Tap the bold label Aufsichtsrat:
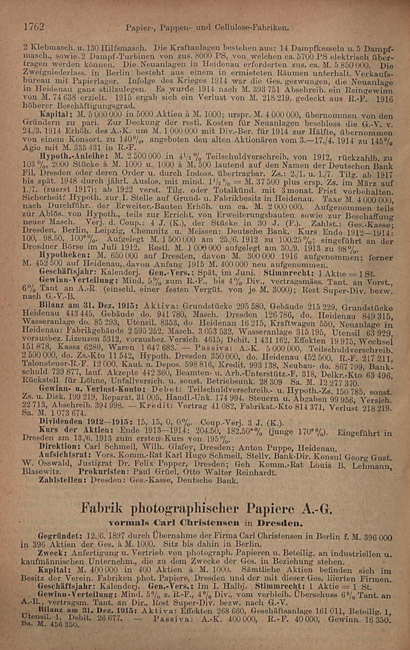tap(62, 455)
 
